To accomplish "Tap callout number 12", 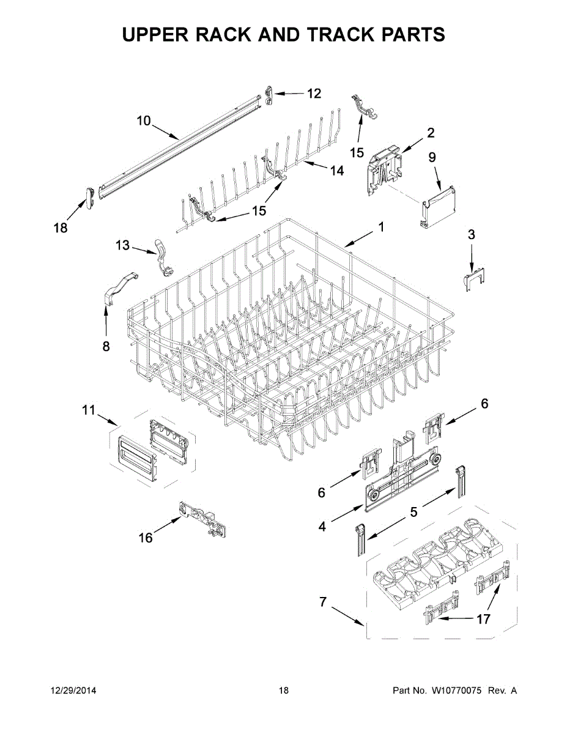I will click(313, 94).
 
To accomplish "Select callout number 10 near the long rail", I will click(143, 120).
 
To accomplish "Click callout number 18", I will click(61, 228).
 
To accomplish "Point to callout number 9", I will click(432, 157).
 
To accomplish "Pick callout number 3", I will click(471, 234).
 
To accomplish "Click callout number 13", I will click(122, 245).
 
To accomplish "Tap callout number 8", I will click(106, 346).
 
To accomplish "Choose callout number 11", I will click(89, 410).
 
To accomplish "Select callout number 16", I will click(146, 538).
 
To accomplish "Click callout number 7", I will click(323, 602).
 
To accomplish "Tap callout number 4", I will click(322, 525).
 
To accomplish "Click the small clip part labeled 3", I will click(472, 278).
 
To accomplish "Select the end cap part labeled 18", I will click(89, 197).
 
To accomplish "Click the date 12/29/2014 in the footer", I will click(73, 691).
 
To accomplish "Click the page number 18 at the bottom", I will click(283, 691).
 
